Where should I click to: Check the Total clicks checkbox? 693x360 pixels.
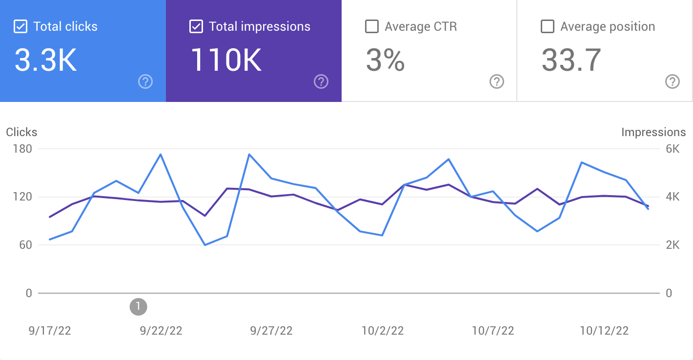click(20, 26)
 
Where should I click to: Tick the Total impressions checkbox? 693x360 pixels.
click(196, 26)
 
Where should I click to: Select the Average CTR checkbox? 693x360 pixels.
click(372, 26)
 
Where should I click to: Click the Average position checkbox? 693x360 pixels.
click(548, 26)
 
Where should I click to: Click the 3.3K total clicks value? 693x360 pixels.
click(45, 60)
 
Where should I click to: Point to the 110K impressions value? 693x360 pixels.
click(226, 60)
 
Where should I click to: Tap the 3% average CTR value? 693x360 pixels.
click(385, 60)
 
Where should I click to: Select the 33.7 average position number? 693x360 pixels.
click(571, 60)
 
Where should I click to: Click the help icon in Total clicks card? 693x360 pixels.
click(145, 81)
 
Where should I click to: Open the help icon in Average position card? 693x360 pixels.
click(673, 81)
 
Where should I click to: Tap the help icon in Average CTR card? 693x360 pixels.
click(496, 81)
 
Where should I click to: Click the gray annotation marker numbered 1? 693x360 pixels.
click(138, 306)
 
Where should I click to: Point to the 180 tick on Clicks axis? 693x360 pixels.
click(21, 149)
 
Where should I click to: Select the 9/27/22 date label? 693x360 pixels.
click(271, 331)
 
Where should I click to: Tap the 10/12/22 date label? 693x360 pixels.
click(604, 331)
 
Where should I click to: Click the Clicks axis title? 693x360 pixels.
click(21, 132)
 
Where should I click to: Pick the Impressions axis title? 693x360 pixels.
click(653, 132)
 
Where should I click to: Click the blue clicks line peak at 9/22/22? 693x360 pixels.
click(161, 154)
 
